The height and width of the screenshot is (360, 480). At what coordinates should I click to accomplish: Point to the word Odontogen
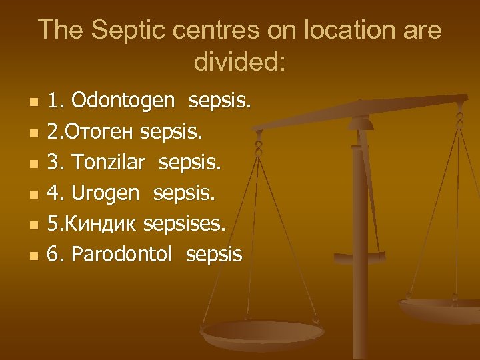tap(123, 101)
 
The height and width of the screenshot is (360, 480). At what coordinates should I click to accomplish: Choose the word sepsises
tap(185, 223)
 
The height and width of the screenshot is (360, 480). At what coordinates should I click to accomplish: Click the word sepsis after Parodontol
tap(214, 254)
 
